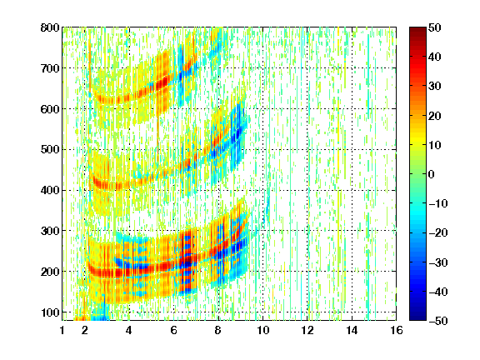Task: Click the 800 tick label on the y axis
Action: tap(50, 27)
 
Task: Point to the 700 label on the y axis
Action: tap(50, 68)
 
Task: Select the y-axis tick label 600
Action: tap(50, 109)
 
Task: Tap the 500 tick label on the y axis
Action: tap(50, 150)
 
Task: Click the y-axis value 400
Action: tap(50, 190)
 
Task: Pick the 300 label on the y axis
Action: tap(50, 231)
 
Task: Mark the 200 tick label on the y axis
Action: tap(50, 272)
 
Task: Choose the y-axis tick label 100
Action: tap(50, 312)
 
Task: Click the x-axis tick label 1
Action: tap(62, 330)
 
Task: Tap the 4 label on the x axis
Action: tap(129, 330)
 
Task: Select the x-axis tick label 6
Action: tap(173, 330)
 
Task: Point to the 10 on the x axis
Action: tap(262, 330)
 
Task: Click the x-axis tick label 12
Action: tap(307, 330)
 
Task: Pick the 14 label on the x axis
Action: tap(352, 330)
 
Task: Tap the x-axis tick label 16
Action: tap(397, 330)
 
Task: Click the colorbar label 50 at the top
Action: tap(434, 27)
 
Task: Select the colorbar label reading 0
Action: tap(432, 174)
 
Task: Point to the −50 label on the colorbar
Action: tap(438, 321)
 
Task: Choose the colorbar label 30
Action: tap(434, 87)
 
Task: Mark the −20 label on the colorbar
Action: tap(438, 233)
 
